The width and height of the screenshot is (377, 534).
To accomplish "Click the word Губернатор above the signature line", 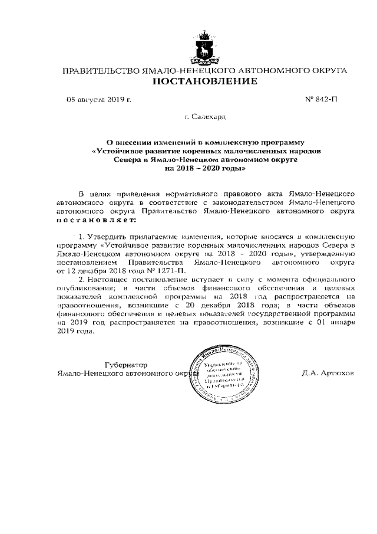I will (x=125, y=365).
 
